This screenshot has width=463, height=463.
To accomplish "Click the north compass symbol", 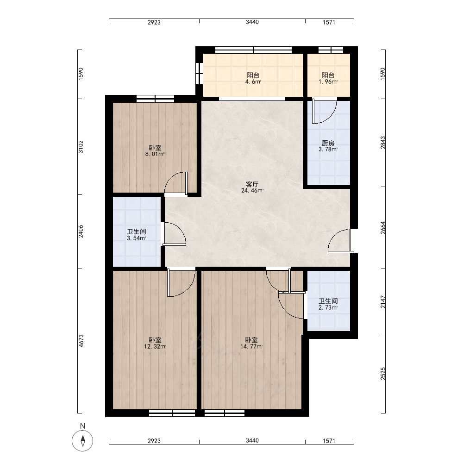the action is pos(83,441).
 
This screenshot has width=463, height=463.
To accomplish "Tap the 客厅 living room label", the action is pos(252,185).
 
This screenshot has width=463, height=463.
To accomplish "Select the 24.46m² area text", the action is pos(252,191).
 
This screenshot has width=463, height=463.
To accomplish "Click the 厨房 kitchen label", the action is pos(328,143).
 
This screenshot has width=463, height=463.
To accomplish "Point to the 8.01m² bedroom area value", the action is pos(155,154).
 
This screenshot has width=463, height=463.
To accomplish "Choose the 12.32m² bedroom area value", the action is pos(155,347).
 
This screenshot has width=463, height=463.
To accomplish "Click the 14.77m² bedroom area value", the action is pos(251,347).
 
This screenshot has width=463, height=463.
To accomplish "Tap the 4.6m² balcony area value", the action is pos(253,82).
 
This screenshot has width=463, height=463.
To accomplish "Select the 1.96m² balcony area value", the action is pos(328,82).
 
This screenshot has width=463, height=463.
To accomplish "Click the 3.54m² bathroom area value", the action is pos(137,238).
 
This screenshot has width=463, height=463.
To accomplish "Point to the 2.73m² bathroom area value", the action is pos(328,308).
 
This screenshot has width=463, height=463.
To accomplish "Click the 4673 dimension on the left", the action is pos(81,340).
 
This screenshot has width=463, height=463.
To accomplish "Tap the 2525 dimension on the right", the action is pos(383,374).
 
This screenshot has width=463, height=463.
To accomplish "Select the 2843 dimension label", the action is pos(383,142).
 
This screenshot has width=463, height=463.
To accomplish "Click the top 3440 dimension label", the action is pos(252,22).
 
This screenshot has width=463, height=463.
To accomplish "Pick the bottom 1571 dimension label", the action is pos(329,441).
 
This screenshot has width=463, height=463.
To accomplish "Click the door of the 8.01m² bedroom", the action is pos(176,183).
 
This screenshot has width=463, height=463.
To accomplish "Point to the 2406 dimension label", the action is pos(81,231).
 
